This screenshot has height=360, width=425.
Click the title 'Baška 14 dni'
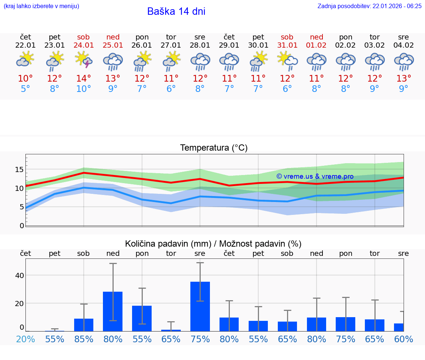pyautogui.click(x=176, y=11)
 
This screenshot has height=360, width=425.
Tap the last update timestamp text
pyautogui.click(x=369, y=6)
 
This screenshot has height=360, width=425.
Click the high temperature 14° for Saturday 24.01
pyautogui.click(x=83, y=79)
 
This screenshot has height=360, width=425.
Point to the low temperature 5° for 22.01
pyautogui.click(x=25, y=89)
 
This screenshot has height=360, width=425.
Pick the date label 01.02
pyautogui.click(x=316, y=45)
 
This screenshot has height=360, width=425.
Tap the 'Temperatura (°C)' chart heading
pyautogui.click(x=214, y=148)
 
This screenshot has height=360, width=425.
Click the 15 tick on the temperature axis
pyautogui.click(x=20, y=169)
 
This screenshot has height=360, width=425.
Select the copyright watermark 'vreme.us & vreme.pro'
pyautogui.click(x=315, y=176)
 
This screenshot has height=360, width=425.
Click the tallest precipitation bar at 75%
pyautogui.click(x=200, y=306)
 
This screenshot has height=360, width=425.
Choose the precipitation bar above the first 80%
pyautogui.click(x=113, y=311)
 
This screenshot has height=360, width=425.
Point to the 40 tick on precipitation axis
pyautogui.click(x=20, y=275)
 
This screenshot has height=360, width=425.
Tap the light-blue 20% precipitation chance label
pyautogui.click(x=25, y=339)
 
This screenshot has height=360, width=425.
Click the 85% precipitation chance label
pyautogui.click(x=84, y=339)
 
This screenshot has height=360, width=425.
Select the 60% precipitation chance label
pyautogui.click(x=404, y=339)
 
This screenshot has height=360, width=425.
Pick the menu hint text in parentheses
pyautogui.click(x=41, y=6)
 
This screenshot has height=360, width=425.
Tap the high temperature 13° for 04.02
pyautogui.click(x=404, y=79)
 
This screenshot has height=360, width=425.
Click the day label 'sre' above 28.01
pyautogui.click(x=200, y=37)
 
